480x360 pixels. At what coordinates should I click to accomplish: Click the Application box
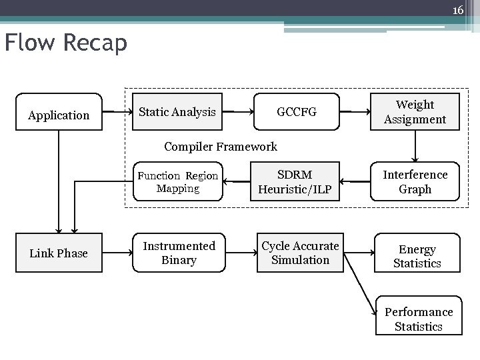pos(59,115)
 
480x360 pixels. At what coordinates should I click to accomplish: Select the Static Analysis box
pos(177,112)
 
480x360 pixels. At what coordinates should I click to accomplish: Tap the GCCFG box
pos(297,112)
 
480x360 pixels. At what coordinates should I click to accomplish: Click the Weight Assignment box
pos(415,112)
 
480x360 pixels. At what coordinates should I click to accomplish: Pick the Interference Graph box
pos(415,181)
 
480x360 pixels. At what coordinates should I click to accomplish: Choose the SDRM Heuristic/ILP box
pos(295,181)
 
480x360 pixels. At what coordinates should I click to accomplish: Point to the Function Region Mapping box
pos(177,181)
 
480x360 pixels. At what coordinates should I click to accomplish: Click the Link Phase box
pos(59,253)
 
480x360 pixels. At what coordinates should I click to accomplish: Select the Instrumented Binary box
pos(179,253)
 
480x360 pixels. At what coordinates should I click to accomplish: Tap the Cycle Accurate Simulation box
pos(300,253)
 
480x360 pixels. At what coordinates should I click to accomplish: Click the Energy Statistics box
pos(417,256)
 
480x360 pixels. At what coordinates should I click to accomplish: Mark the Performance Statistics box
pos(418,319)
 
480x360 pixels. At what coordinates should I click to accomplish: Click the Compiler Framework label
pos(220,147)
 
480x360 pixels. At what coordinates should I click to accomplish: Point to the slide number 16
pos(457,10)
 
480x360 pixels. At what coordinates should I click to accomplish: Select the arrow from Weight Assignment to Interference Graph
pos(415,145)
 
